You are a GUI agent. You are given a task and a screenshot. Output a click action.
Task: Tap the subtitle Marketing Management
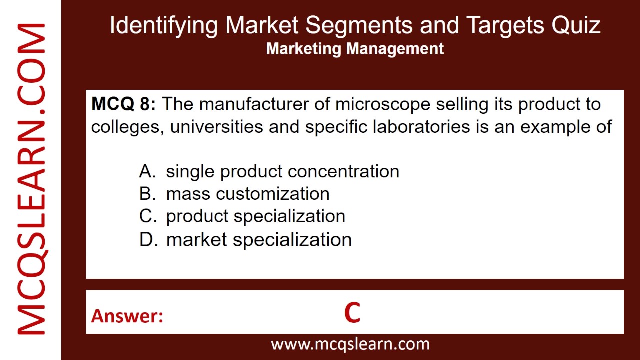[355, 49]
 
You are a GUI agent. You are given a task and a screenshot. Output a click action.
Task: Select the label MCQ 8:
[123, 104]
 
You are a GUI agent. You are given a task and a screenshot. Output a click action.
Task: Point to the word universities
[216, 127]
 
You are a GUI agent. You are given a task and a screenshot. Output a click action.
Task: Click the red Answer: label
[127, 316]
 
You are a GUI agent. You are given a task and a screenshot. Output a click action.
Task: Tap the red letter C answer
[352, 313]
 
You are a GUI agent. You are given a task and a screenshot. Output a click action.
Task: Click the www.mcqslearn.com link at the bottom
[350, 344]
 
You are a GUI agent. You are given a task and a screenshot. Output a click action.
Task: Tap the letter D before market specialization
[148, 239]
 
